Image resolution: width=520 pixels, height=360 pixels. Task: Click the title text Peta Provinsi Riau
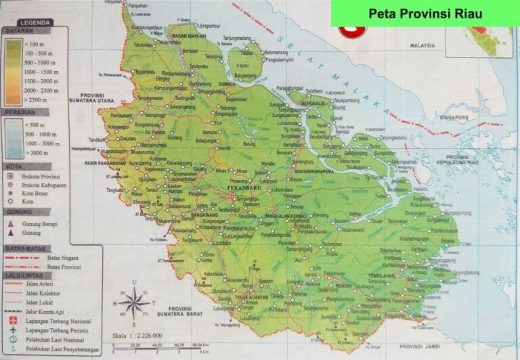[425, 14]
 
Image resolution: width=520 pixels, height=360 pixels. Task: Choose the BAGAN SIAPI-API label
[188, 35]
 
